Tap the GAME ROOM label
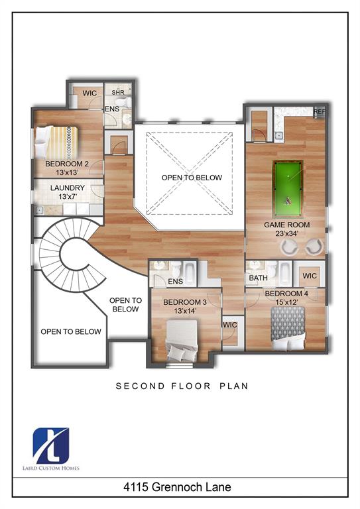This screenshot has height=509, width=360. click(286, 225)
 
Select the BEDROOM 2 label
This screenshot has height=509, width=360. click(67, 164)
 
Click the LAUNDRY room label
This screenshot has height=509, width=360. click(68, 188)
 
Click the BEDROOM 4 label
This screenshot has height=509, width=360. click(286, 293)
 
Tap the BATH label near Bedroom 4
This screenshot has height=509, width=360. click(259, 278)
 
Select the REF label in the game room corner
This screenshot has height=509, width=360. click(320, 112)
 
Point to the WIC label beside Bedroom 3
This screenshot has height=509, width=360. click(230, 325)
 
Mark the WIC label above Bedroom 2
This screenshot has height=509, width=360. click(90, 93)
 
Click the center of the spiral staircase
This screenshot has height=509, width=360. click(70, 255)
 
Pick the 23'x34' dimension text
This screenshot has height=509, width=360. click(286, 234)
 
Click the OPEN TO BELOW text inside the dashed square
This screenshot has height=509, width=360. click(192, 178)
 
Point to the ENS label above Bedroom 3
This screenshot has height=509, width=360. click(175, 282)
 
